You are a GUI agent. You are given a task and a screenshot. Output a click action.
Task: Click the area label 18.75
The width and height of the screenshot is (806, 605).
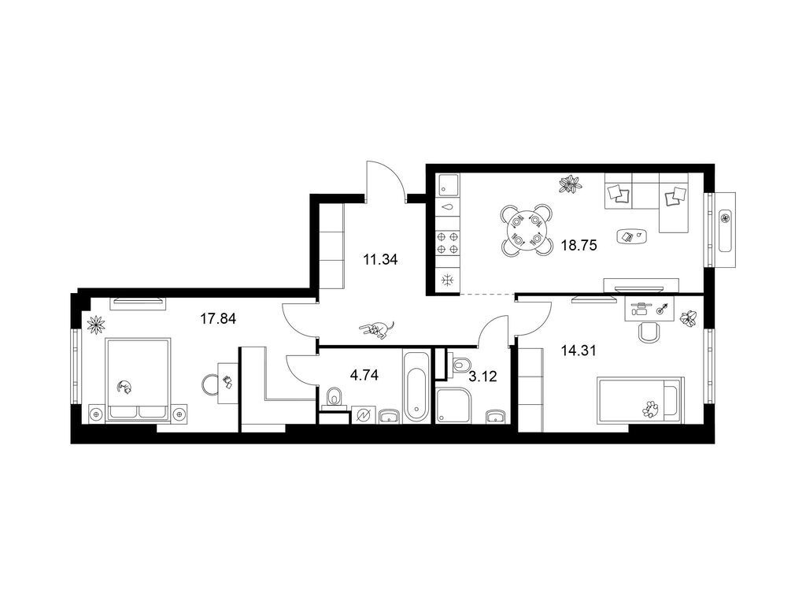tap(579, 246)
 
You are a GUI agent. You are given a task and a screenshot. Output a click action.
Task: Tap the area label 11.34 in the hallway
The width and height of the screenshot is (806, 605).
tap(380, 260)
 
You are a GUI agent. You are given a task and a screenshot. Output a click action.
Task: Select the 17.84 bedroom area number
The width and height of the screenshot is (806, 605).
tap(218, 319)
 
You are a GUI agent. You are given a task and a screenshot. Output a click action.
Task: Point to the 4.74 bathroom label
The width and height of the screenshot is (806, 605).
tap(364, 376)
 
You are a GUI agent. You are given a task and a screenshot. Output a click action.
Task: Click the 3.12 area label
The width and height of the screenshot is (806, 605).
tap(483, 377)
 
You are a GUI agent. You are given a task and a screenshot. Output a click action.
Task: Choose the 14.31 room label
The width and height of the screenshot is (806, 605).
tap(579, 351)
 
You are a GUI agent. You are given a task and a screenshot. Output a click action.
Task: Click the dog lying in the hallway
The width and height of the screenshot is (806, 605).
tap(377, 330)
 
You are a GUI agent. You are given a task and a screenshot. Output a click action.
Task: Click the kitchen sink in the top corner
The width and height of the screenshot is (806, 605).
tap(448, 184)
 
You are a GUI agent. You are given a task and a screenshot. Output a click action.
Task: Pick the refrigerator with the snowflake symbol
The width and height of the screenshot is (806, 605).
tap(448, 281)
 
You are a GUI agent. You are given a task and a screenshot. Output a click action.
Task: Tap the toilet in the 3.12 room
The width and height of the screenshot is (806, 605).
tap(459, 364)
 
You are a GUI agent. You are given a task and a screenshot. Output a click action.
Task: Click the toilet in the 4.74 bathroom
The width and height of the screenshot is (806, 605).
tap(334, 398)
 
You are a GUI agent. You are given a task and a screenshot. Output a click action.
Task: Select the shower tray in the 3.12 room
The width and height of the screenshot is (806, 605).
tap(453, 406)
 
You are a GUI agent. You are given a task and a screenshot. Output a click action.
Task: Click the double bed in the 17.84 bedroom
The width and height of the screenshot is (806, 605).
tap(138, 380)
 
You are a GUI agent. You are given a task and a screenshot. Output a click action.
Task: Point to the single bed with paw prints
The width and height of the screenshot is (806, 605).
tap(641, 400)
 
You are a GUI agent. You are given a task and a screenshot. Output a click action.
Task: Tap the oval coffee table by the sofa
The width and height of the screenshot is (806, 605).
tap(631, 236)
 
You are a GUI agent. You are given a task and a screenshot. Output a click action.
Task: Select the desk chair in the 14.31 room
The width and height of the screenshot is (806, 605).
tap(649, 332)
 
